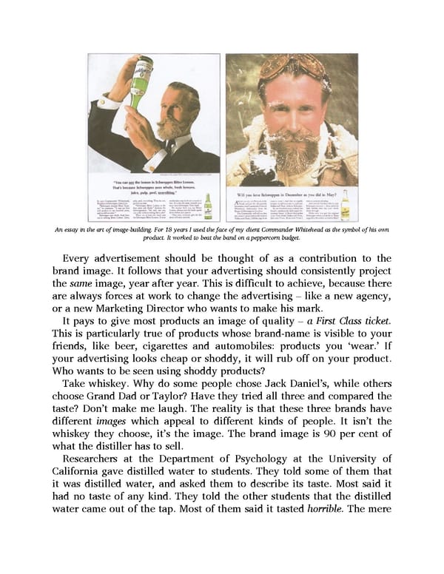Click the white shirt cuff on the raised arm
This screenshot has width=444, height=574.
click(x=112, y=103)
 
